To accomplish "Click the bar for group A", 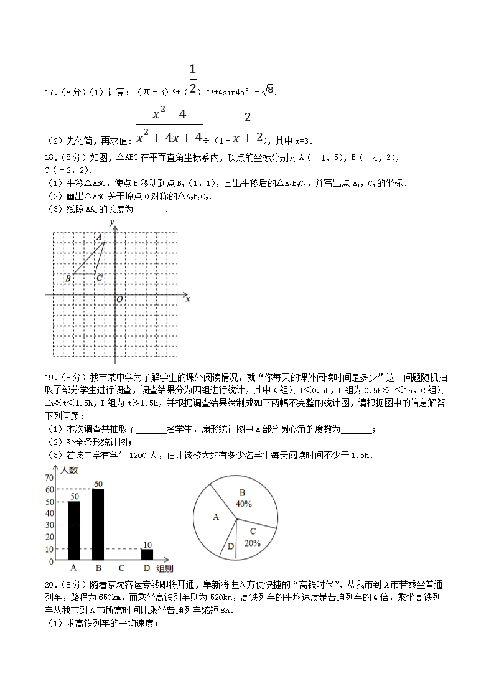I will coord(73,530).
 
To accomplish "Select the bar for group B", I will coord(98,523).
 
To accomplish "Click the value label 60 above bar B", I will coord(98,484).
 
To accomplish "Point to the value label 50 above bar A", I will coord(73,496).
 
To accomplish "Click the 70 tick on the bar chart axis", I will coord(49,477).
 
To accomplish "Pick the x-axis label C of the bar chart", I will coord(122,568).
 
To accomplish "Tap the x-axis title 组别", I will coord(165,568).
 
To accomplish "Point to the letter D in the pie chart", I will coord(230,546).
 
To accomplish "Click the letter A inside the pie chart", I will coord(216,517).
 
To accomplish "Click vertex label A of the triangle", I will coord(99,237).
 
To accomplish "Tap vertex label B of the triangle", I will coord(68,279).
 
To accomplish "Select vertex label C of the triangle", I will coord(99,278).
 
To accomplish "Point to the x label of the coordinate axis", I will coord(187,299).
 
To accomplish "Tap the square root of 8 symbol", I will coord(268,91).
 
